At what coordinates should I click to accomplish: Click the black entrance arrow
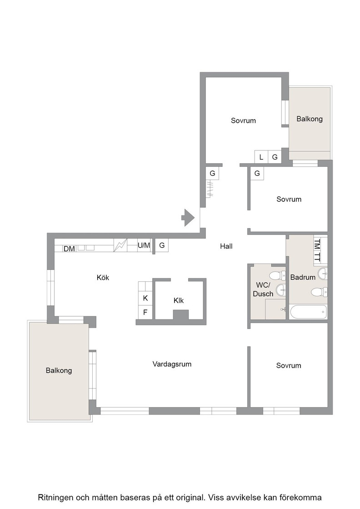coord(188,218)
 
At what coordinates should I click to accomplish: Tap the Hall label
coord(226,246)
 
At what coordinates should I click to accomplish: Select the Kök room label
coord(103,278)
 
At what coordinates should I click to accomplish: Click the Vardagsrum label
coord(172,364)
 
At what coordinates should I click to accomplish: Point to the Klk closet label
coord(179,300)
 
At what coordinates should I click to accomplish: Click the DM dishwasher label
coord(69,249)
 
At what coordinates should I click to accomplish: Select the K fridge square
coord(145,298)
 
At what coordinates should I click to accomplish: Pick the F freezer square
coord(145,312)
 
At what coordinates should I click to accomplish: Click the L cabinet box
coord(261,157)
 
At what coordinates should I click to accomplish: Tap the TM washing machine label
coord(317,244)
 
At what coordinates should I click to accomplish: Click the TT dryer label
coord(317,257)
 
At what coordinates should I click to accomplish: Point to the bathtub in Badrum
coord(308,312)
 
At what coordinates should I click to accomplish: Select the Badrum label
coord(303,278)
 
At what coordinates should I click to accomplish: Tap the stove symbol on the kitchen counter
coord(120,245)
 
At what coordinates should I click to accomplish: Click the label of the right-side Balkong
coord(310,119)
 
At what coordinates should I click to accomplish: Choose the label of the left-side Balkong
coord(59,371)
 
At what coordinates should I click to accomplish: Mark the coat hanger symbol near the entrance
coord(210,190)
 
